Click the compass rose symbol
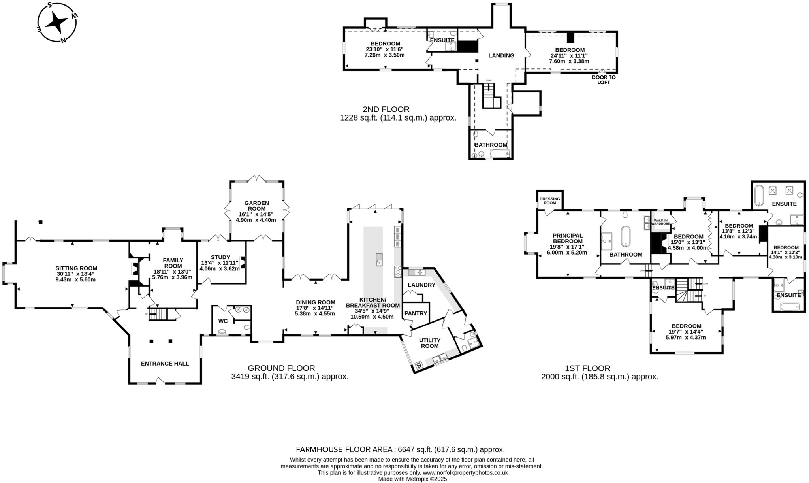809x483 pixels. point(56,23)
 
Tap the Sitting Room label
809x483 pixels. point(76,268)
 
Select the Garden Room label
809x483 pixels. point(256,206)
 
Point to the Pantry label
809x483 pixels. point(416,313)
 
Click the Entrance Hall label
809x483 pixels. point(165,364)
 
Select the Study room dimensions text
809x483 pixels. point(220,266)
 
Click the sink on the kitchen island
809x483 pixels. point(379,260)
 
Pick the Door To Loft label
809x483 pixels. point(603,80)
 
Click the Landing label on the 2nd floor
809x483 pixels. point(501,56)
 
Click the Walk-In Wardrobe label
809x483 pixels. point(662,222)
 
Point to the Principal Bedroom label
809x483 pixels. point(567,238)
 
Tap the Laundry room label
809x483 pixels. point(421,285)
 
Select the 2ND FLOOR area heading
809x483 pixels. point(386,109)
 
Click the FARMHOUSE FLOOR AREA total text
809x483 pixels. point(400,449)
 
